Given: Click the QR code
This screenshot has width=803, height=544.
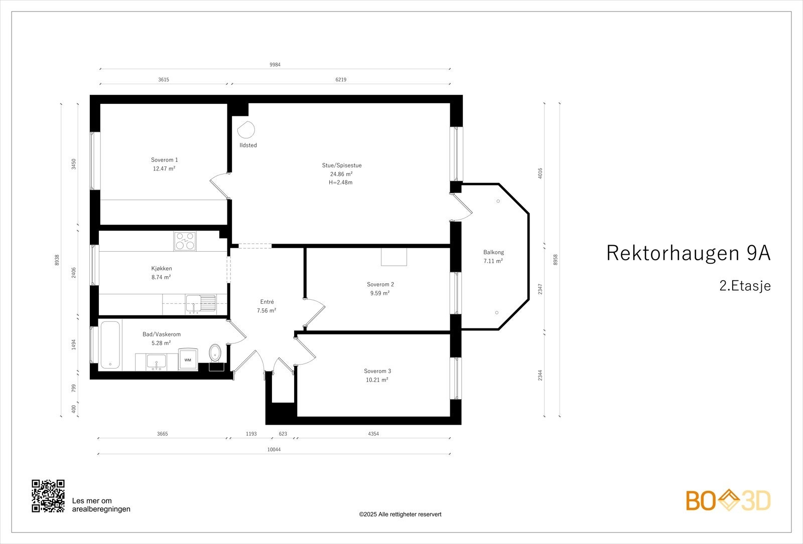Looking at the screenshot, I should pyautogui.click(x=48, y=496).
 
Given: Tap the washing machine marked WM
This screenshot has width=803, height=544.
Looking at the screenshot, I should pyautogui.click(x=187, y=359).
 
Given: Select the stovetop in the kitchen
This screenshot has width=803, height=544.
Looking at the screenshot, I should pyautogui.click(x=185, y=241).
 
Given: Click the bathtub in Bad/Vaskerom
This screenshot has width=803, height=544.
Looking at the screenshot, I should pyautogui.click(x=110, y=345).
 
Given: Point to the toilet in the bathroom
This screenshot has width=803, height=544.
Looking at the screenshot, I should pyautogui.click(x=215, y=352).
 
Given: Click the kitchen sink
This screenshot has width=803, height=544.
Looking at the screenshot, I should pyautogui.click(x=200, y=303).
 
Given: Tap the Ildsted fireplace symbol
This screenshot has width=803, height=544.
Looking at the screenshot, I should pyautogui.click(x=246, y=130).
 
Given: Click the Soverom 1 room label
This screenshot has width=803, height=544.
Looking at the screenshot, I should pyautogui.click(x=164, y=160).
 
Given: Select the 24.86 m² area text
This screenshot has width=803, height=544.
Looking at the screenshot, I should pyautogui.click(x=341, y=174).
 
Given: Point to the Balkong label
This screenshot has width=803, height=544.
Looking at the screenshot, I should pyautogui.click(x=493, y=252).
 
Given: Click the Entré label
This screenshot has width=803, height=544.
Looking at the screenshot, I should pyautogui.click(x=267, y=302).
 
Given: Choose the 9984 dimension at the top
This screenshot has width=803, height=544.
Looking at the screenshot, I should pyautogui.click(x=275, y=65).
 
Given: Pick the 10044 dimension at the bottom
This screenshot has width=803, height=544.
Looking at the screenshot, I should pyautogui.click(x=274, y=450).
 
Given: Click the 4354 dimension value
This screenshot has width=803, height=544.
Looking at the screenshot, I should pyautogui.click(x=373, y=434).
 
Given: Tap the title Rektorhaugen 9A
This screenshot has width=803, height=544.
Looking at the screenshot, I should pyautogui.click(x=688, y=253).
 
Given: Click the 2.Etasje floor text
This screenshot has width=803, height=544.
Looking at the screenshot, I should pyautogui.click(x=745, y=286).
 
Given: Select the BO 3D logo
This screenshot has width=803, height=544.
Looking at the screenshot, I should pyautogui.click(x=728, y=500).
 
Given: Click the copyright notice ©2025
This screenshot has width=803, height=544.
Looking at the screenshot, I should pyautogui.click(x=400, y=514).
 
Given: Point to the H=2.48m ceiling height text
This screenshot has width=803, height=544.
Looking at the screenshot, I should pyautogui.click(x=341, y=183).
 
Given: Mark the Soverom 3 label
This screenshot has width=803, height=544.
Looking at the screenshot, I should pyautogui.click(x=377, y=371).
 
